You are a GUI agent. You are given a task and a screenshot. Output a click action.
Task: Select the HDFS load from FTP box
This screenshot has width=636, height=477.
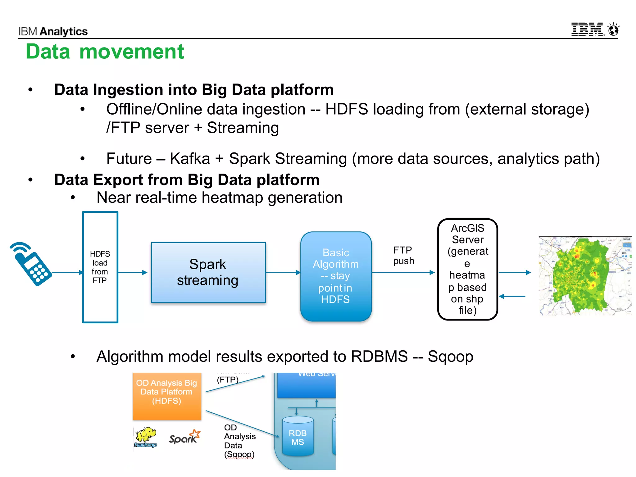click(100, 267)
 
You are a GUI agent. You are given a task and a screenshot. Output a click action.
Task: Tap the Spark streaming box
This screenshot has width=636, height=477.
click(208, 272)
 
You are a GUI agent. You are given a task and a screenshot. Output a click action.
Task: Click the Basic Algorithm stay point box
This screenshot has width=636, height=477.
click(336, 276)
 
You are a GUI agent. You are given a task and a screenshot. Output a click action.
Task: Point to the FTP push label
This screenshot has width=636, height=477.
click(403, 256)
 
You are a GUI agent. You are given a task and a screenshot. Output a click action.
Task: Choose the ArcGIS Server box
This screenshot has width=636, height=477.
click(468, 269)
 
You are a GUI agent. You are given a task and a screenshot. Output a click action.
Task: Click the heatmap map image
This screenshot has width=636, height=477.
click(585, 276)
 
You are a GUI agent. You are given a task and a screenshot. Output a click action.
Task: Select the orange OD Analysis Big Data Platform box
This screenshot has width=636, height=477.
click(167, 396)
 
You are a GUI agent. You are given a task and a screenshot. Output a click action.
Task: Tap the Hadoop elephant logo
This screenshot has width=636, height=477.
click(146, 436)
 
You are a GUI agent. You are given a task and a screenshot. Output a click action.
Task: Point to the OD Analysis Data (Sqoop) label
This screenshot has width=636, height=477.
click(239, 441)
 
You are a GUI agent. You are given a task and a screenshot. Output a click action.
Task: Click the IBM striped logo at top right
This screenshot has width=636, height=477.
click(587, 30)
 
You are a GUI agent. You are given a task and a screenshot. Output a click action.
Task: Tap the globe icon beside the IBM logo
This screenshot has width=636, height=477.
click(614, 30)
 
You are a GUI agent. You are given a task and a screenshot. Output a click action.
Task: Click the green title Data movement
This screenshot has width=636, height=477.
click(105, 52)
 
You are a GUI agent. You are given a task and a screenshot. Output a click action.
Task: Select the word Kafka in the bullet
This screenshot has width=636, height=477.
click(190, 159)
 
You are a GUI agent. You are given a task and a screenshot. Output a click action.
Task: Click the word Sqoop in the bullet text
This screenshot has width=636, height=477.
click(450, 357)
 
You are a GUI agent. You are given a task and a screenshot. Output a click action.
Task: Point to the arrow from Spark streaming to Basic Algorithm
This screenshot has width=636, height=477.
click(283, 273)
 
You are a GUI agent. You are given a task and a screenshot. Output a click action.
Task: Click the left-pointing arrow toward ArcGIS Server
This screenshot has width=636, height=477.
click(512, 297)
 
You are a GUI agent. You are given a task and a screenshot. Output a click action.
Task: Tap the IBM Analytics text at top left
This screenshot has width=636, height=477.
click(53, 31)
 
